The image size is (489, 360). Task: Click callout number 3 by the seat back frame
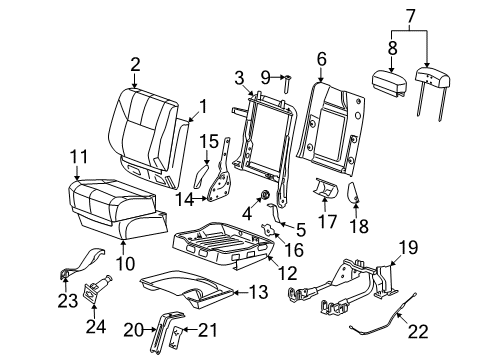pos(238,78)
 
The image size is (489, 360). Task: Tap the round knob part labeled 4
pos(266,193)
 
